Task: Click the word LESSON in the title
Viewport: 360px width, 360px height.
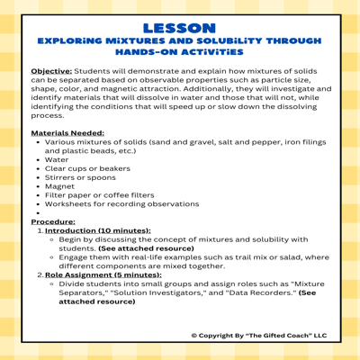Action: coord(179,29)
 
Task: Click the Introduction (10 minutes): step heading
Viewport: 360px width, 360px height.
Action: coord(97,230)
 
